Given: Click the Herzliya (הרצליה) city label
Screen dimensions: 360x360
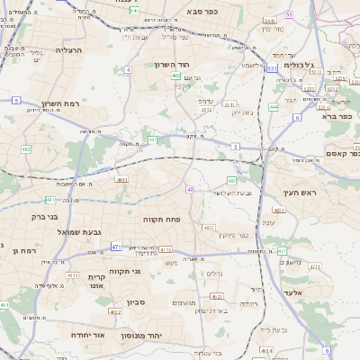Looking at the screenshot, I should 68,50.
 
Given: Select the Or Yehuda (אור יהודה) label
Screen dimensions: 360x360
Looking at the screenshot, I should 88,334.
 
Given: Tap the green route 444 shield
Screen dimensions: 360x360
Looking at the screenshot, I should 273,106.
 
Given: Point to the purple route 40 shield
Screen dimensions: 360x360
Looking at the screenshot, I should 190,189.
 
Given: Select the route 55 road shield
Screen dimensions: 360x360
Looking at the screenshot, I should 289,15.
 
